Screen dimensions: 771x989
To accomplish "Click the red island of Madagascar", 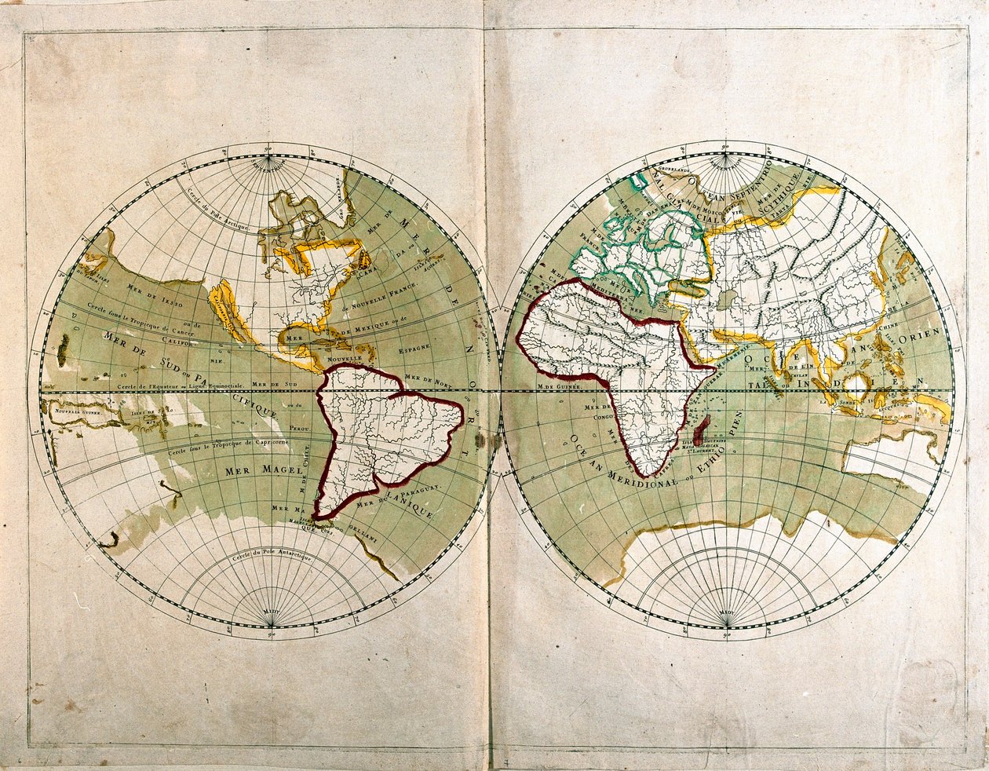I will [703, 429].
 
